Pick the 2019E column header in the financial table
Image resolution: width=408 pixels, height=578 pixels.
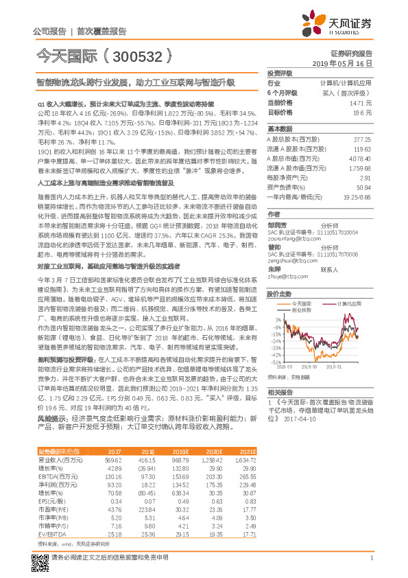(x=165, y=450)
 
